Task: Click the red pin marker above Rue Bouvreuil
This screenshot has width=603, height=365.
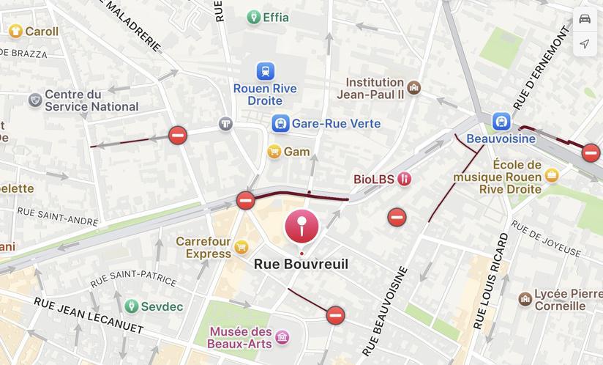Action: [301, 225]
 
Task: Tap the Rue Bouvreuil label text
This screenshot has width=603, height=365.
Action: [301, 265]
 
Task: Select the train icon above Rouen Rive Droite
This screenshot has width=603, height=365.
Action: [265, 71]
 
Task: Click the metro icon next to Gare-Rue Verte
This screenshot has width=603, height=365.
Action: [280, 123]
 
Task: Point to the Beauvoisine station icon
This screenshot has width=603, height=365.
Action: [501, 120]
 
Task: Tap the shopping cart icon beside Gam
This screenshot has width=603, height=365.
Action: [274, 152]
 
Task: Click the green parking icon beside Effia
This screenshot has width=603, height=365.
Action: [253, 17]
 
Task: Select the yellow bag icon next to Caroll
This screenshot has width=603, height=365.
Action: [15, 31]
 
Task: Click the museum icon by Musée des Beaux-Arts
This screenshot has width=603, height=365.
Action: [282, 337]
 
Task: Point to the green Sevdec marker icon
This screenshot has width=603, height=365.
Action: [131, 306]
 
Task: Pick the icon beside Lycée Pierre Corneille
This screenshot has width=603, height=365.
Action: [525, 299]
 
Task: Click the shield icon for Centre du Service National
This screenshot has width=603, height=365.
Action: [34, 100]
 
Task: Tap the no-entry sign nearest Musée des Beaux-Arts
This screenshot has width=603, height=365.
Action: [335, 315]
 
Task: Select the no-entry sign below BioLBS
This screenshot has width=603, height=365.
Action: [397, 216]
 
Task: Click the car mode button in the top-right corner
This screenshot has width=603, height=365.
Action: [585, 19]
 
